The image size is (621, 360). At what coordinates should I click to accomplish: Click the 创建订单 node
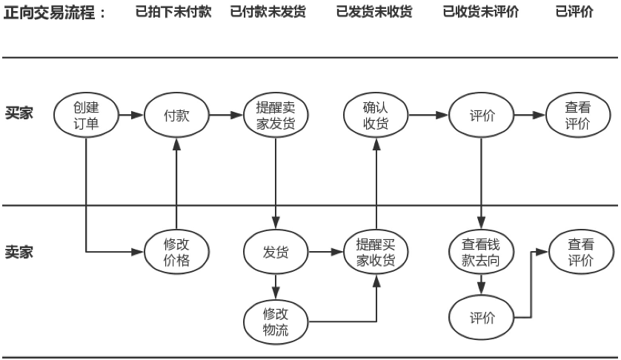click(86, 116)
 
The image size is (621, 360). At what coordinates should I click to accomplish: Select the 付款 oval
click(176, 116)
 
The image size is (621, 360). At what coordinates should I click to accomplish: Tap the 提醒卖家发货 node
click(276, 116)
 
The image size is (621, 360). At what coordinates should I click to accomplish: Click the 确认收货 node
click(376, 116)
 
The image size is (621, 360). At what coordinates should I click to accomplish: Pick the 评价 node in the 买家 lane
click(482, 116)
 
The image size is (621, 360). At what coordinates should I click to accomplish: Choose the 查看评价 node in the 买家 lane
click(578, 116)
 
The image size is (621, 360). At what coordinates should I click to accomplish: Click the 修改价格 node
click(176, 252)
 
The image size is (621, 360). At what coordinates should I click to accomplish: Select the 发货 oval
click(276, 252)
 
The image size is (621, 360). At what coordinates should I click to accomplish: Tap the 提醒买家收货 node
click(376, 252)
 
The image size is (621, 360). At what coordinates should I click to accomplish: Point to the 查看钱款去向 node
click(482, 252)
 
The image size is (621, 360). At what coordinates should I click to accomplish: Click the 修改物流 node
click(276, 319)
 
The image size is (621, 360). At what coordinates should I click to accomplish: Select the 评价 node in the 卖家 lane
click(482, 318)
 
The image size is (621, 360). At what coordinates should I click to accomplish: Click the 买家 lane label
click(19, 116)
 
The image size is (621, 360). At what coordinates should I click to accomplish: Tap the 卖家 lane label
click(19, 252)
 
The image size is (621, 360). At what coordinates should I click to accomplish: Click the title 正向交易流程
click(56, 13)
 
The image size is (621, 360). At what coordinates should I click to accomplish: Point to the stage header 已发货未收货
click(374, 13)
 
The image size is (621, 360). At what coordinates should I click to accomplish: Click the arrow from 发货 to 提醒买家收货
click(326, 252)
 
